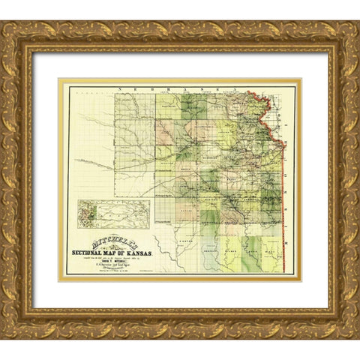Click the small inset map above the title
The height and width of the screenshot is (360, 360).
tap(112, 213)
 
